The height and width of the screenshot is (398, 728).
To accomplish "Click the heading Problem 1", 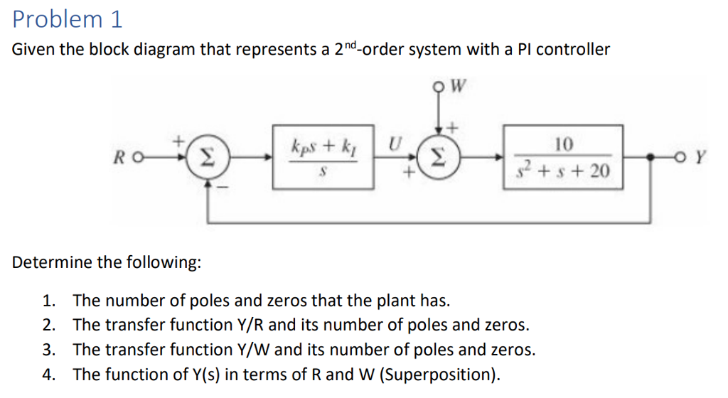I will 68,19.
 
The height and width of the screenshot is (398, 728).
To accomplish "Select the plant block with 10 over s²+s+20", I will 563,157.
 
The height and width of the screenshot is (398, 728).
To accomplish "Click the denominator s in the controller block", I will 323,171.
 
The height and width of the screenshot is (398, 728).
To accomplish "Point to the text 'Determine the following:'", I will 107,262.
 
